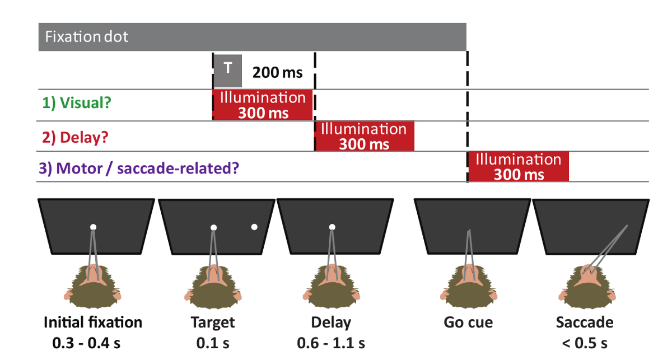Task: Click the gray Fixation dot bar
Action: click(x=252, y=37)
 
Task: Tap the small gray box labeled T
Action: click(x=227, y=71)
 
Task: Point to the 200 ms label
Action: click(x=277, y=72)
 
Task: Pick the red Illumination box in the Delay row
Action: click(x=365, y=136)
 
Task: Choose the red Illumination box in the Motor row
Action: click(x=519, y=166)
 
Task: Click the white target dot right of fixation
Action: click(x=254, y=227)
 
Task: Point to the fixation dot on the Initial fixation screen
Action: click(x=94, y=227)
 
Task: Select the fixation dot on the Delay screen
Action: click(x=332, y=227)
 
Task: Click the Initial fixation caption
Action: click(x=93, y=322)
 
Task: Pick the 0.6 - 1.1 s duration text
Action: click(x=332, y=342)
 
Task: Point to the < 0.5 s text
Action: click(x=584, y=342)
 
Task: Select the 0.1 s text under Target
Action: click(x=213, y=342)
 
